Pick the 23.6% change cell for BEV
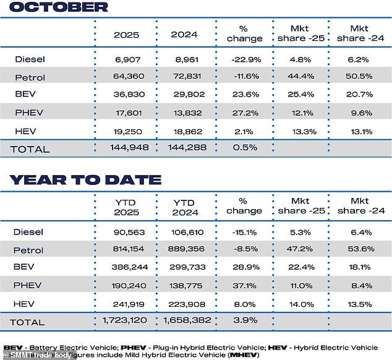[244, 96]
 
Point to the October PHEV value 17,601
[126, 113]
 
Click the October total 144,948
[126, 148]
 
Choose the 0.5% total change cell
[244, 148]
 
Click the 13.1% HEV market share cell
[361, 131]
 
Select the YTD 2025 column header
[126, 206]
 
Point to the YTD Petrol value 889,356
[186, 250]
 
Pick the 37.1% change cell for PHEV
[244, 285]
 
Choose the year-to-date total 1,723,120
[126, 321]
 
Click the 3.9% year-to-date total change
[244, 321]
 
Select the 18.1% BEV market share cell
[361, 267]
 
